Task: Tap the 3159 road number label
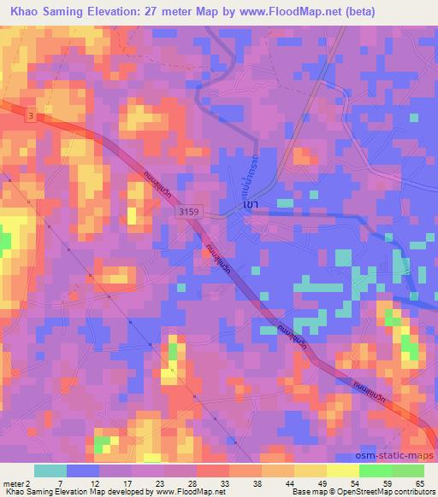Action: [188, 211]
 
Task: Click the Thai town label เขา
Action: [250, 206]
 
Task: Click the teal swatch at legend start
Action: [50, 471]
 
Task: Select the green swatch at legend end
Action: [407, 471]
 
